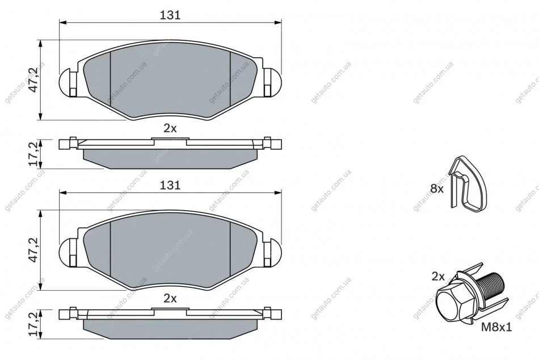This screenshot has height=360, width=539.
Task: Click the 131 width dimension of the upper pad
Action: (x=170, y=15)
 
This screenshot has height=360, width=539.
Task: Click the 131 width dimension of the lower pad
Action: (x=170, y=185)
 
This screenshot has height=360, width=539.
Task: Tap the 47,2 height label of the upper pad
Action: (x=33, y=80)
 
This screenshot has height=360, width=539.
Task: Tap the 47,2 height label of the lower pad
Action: (x=33, y=250)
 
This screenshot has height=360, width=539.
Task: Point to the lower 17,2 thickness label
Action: (x=33, y=324)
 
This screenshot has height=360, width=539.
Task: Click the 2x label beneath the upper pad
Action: (x=170, y=128)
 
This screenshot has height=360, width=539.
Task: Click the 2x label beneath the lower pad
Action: (x=170, y=299)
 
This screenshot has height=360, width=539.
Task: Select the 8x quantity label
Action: (x=437, y=189)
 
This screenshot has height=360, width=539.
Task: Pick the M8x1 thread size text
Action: (x=496, y=327)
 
